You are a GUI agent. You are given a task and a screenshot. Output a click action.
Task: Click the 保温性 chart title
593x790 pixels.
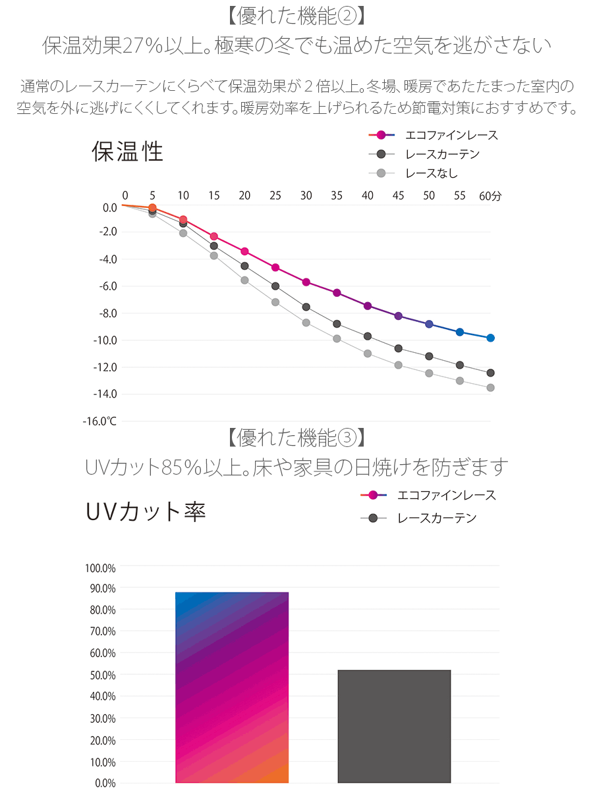point(127,153)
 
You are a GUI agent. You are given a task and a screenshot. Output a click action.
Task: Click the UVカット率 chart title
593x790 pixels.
point(146,512)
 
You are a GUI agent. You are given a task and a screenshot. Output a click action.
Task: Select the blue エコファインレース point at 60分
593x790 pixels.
point(490,338)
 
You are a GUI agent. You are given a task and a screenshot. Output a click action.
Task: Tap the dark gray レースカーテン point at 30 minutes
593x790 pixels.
point(306,307)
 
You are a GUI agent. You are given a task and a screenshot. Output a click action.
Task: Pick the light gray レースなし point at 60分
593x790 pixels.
point(490,388)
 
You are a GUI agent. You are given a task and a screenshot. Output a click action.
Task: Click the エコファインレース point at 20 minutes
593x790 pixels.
point(244,251)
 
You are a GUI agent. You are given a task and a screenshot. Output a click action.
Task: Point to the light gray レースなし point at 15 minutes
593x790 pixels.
point(213,255)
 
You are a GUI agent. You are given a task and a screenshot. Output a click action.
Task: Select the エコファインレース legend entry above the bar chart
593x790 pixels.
point(446,495)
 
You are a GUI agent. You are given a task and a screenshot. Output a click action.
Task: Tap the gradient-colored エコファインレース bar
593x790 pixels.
point(232,687)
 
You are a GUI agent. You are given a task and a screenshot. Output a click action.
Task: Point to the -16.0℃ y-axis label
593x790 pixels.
point(99,421)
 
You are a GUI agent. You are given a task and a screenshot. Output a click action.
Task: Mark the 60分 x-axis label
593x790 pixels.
point(490,196)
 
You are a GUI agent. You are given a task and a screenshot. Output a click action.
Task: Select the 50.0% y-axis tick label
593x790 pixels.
point(101,675)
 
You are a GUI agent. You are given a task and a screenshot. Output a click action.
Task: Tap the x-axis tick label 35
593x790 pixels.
point(337,196)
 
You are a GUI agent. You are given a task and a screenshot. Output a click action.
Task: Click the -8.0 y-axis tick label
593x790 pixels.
point(107,313)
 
